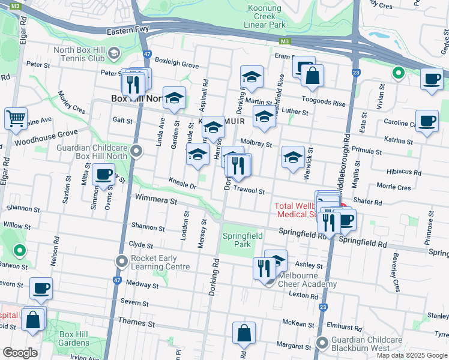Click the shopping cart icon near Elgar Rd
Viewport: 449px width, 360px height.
click(x=16, y=118)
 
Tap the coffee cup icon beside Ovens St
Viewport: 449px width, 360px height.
click(x=103, y=174)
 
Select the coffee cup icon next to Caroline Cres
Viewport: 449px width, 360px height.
click(x=426, y=121)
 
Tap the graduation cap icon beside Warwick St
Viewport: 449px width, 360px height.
click(x=292, y=157)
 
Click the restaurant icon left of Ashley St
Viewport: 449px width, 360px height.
click(x=264, y=268)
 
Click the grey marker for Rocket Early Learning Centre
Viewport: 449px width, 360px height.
click(x=122, y=262)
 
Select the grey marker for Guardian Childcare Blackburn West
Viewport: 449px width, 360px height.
click(x=322, y=344)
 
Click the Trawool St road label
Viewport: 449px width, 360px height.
click(x=249, y=191)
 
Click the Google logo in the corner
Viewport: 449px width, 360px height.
click(x=20, y=353)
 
